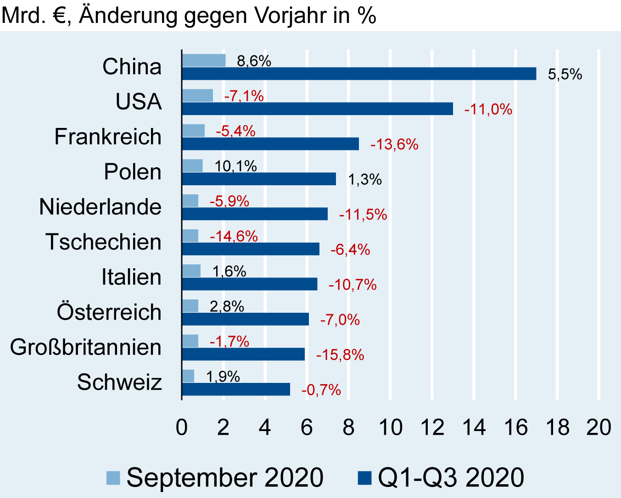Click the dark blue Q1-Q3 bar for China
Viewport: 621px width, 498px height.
coord(359,74)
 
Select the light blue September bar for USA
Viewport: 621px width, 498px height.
coord(197,95)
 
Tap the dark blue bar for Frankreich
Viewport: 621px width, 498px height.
coord(270,144)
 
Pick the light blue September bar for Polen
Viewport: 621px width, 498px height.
coord(192,166)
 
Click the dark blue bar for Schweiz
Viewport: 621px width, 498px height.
coord(236,389)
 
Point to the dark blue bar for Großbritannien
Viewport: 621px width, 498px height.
coord(243,354)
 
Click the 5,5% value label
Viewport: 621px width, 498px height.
coord(565,74)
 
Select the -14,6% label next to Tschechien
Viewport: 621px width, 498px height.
coord(234,236)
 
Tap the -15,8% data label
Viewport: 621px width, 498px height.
coord(340,355)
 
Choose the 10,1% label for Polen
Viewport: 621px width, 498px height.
coord(236,166)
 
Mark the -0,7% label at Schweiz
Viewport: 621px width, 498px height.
coord(321,390)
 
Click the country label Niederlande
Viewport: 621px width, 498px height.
coord(101,207)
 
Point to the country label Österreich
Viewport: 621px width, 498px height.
coord(109,312)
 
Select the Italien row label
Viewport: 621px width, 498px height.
coord(131,277)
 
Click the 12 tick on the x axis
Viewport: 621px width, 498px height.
coord(432,427)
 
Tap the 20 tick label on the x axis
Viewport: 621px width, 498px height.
coord(599,427)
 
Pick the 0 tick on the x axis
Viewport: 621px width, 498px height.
coord(182,427)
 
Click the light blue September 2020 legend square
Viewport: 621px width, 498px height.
coord(113,478)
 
